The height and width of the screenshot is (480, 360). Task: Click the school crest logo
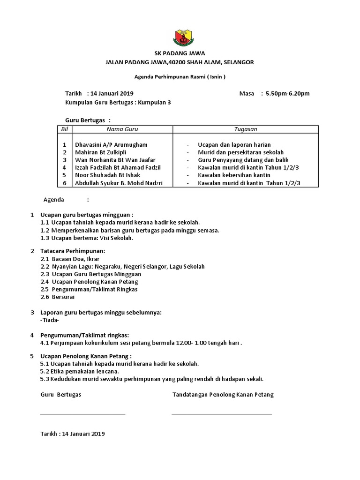(x=180, y=37)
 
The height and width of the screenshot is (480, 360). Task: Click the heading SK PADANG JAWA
(x=180, y=53)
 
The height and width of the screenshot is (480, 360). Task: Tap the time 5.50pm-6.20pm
(x=287, y=93)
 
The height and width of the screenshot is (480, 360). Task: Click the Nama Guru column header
(x=122, y=129)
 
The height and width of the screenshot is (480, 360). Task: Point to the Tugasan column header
(x=246, y=129)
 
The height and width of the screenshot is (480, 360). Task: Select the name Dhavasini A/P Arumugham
(x=111, y=145)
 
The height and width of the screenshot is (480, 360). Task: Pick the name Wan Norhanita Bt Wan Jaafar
(x=115, y=160)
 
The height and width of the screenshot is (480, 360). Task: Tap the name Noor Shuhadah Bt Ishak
(x=107, y=175)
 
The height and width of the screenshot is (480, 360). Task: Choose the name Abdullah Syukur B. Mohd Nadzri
(x=119, y=183)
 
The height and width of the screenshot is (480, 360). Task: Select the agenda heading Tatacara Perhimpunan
(x=73, y=251)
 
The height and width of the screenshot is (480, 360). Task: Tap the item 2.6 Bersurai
(x=57, y=297)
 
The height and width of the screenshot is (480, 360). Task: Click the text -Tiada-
(x=50, y=320)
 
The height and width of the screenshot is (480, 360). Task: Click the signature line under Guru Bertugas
(x=83, y=413)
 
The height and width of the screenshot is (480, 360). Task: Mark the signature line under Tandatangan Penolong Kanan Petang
(x=222, y=413)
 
